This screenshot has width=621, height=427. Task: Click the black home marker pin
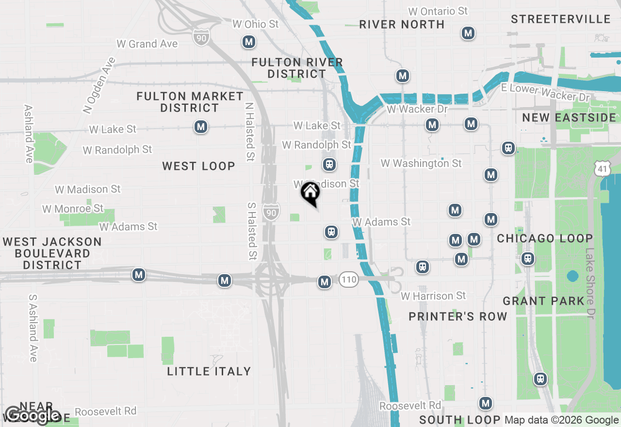310,194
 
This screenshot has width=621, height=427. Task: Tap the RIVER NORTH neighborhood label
402,24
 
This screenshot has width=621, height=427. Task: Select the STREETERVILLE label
560,19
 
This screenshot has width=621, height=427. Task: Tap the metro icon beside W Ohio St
249,42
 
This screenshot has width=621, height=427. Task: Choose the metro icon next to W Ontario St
468,33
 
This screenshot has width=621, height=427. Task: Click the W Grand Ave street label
147,44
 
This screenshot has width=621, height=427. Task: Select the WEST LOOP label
198,166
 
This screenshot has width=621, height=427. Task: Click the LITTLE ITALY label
209,371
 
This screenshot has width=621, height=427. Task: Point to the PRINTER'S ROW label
458,316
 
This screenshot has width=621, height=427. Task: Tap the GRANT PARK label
543,301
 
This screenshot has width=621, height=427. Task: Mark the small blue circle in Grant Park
572,276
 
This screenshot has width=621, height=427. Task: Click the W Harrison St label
433,296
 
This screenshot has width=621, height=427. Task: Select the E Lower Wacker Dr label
545,93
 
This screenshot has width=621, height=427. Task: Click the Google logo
33,416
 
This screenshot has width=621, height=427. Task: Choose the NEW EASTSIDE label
569,117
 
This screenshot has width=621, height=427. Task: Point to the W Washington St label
421,163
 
